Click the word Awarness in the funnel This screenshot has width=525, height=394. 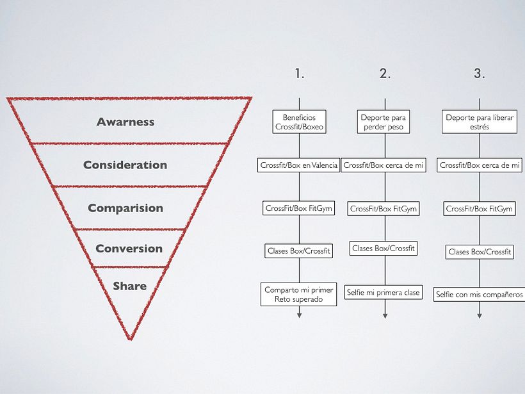[125, 122]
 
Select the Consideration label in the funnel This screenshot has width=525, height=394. [125, 165]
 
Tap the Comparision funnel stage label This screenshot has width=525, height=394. [125, 208]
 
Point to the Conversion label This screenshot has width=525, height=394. [129, 249]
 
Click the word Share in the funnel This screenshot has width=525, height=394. [129, 286]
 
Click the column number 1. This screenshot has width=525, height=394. [300, 74]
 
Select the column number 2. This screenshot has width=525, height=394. [385, 74]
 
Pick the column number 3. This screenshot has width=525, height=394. [480, 74]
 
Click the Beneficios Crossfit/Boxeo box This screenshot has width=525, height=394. [299, 122]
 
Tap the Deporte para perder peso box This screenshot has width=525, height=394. [384, 122]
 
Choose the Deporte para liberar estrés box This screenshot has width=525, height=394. [479, 122]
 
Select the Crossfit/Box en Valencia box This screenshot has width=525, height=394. [298, 165]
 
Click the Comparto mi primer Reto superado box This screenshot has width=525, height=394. [299, 295]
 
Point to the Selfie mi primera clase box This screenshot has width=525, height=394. [384, 293]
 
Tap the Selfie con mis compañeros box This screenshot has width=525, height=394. [480, 294]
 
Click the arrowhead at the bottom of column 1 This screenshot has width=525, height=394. [300, 315]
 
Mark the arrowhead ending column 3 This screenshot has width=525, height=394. [480, 315]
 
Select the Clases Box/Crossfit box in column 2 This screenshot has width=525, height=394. [384, 248]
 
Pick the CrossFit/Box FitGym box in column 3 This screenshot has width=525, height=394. [479, 209]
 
